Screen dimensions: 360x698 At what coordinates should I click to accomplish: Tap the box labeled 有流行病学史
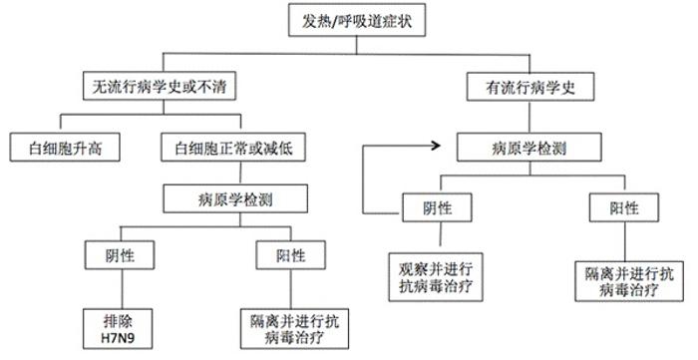point(518,87)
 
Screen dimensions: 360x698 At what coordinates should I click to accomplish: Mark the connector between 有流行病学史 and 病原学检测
point(518,117)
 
